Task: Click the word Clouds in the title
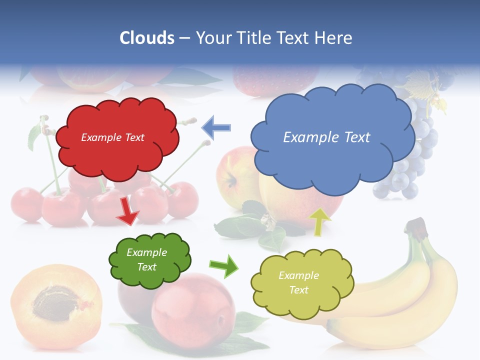147,38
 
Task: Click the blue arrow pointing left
216,127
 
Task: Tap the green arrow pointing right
223,265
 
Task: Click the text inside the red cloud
112,137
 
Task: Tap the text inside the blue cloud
326,137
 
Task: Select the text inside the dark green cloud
146,259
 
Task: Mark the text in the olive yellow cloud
298,282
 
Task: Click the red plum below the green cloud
193,310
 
